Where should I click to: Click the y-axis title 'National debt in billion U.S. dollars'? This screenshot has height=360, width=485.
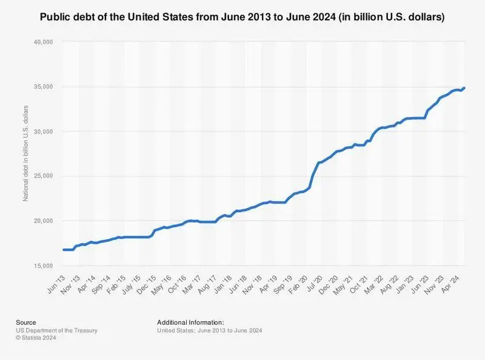tap(26, 154)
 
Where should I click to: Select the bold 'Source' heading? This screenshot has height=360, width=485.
tap(26, 322)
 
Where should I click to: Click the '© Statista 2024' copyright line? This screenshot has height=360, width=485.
tap(44, 338)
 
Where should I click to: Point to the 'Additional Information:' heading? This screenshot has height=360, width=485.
tap(190, 322)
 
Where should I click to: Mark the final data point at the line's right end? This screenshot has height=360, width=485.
tap(464, 88)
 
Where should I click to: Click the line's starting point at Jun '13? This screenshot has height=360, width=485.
tap(64, 250)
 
